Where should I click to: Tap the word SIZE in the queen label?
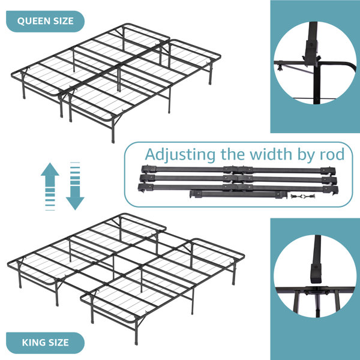point(64,21)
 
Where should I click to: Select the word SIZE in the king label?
point(58,343)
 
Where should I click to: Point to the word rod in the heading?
point(332,154)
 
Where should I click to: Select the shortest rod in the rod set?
point(238,194)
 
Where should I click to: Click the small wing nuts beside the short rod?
point(302,196)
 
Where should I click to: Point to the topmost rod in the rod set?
point(238,170)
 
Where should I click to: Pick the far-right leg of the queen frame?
point(211,73)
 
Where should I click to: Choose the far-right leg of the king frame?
point(234,274)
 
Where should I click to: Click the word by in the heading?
point(306,155)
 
